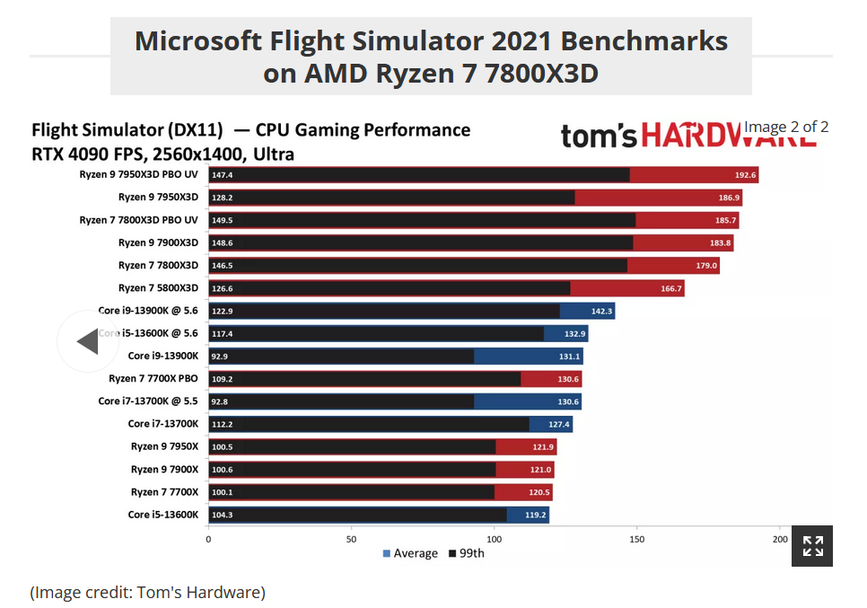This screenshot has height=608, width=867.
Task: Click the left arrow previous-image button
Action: pos(88,341)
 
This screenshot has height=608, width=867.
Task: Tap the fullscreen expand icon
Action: pos(812,545)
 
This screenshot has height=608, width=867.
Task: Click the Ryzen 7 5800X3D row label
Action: pos(158,288)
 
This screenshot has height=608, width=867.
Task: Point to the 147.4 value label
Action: pos(223,175)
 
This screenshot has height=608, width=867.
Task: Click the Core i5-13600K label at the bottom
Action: pos(163,515)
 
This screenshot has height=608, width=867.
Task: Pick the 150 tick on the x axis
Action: pos(637,539)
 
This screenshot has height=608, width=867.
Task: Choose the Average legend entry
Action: pos(410,553)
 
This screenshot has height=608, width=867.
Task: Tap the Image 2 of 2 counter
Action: pos(786,127)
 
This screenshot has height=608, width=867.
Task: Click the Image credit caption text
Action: pos(148,592)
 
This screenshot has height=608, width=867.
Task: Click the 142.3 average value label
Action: pos(602,311)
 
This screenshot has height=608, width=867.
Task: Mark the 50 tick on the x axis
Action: pos(351,539)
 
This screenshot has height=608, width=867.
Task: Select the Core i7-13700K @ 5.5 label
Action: pos(148,401)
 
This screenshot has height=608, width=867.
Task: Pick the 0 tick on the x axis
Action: pos(209,539)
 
